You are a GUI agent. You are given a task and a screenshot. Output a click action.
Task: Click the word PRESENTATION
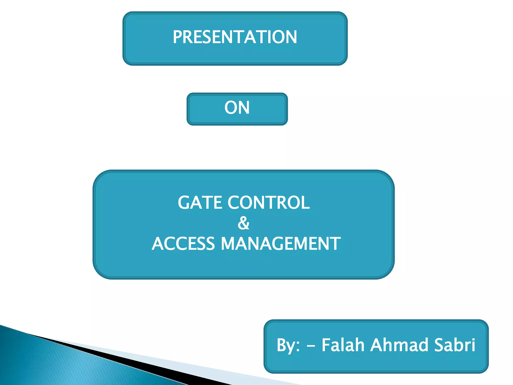tap(235, 37)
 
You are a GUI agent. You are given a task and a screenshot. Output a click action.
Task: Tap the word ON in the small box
tap(237, 108)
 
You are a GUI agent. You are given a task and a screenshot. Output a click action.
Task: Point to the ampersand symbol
tap(243, 223)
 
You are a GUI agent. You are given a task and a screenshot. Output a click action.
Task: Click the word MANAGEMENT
tap(281, 244)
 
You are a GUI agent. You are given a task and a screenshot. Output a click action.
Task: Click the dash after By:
tap(311, 346)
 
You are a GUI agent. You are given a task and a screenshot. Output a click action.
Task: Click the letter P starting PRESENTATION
tap(178, 37)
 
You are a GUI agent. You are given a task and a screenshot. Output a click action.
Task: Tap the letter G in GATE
tap(184, 203)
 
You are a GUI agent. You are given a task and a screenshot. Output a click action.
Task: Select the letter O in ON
tap(231, 108)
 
